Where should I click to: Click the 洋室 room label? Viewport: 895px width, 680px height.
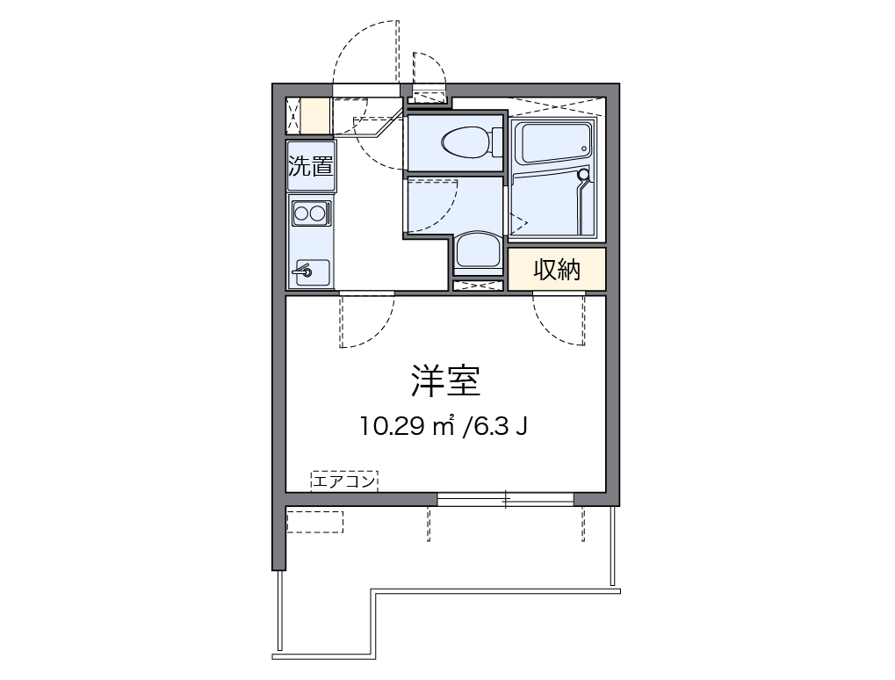(x=445, y=380)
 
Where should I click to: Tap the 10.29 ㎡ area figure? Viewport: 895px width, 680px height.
(x=407, y=426)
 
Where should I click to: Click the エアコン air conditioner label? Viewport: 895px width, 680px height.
(x=344, y=481)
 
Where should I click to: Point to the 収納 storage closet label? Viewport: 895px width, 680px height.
(x=557, y=270)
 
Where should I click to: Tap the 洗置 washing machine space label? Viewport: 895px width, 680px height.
(x=311, y=166)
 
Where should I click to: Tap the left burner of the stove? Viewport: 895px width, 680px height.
(x=300, y=214)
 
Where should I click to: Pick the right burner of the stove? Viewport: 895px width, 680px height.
(x=317, y=214)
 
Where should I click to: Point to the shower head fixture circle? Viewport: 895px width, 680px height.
(x=583, y=174)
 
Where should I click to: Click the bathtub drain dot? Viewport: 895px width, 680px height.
(x=584, y=149)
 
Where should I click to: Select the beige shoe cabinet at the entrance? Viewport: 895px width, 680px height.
(x=315, y=116)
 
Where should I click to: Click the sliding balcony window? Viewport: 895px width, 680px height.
(x=505, y=500)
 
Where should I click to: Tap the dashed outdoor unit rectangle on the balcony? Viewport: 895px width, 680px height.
(x=315, y=522)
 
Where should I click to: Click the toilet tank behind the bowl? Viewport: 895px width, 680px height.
(x=497, y=141)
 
